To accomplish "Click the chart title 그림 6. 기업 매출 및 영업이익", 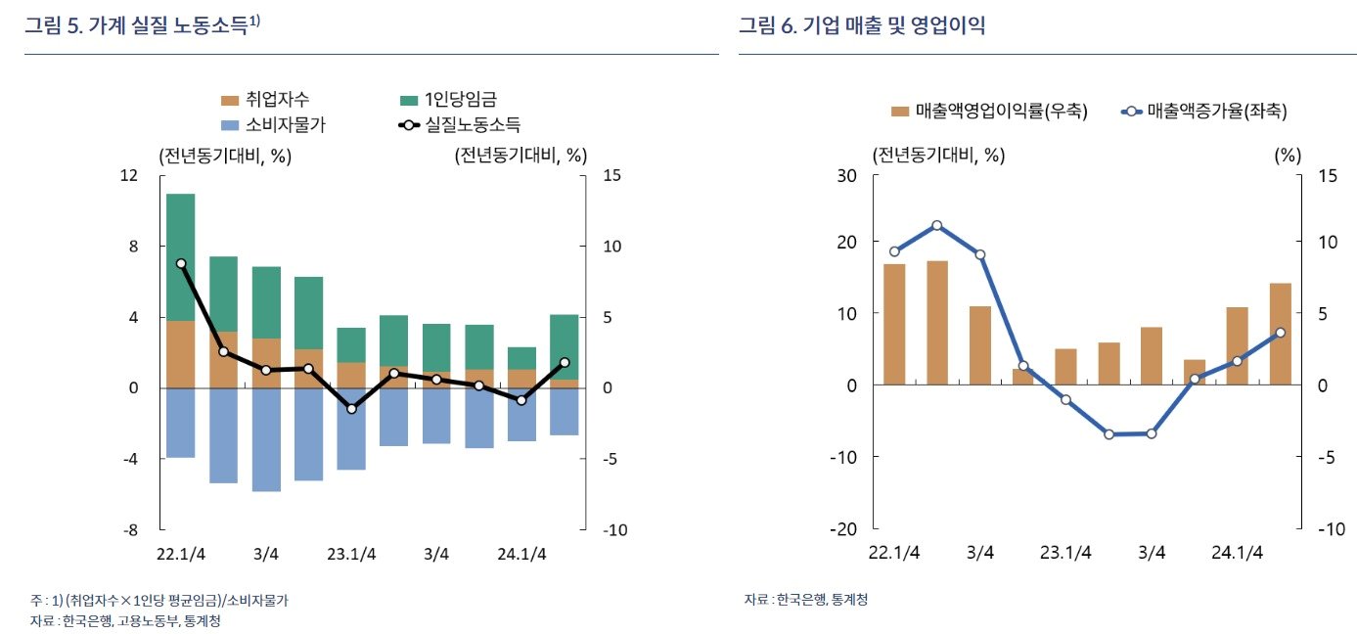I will tap(861, 26).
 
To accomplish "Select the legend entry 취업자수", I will tap(279, 99).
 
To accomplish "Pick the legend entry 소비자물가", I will tap(279, 124).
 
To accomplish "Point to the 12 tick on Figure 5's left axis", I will tap(128, 175).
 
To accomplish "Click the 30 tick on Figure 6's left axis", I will tap(846, 175).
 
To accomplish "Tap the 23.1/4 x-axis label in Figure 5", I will tap(350, 554).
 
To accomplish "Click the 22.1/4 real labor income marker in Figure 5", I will tap(181, 263).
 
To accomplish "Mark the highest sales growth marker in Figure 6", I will tap(937, 226).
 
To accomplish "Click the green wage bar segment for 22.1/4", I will tap(181, 257).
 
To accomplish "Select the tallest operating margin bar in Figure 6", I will tap(937, 323).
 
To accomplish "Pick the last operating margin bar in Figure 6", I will tap(1280, 334).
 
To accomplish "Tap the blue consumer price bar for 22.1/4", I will tap(181, 423).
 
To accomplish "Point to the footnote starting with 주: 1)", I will tap(158, 600).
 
